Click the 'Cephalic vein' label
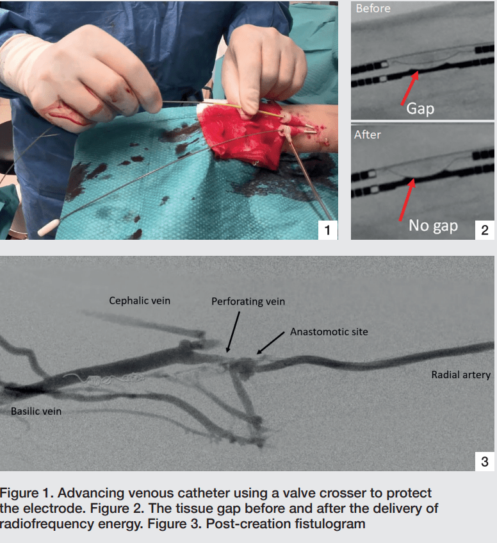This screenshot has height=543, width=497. click(140, 301)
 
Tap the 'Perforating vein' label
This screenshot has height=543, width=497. click(248, 301)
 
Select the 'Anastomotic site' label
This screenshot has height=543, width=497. click(329, 331)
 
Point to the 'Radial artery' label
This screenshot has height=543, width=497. click(461, 374)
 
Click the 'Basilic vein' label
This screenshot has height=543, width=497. click(37, 411)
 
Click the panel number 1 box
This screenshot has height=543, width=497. click(327, 230)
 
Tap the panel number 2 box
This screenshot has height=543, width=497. click(485, 230)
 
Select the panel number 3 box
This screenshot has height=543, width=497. click(485, 462)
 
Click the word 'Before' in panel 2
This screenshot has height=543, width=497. click(373, 8)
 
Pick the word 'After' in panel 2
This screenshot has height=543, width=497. click(367, 135)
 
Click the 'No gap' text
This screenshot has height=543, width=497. click(433, 226)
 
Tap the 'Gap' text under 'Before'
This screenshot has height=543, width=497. click(420, 109)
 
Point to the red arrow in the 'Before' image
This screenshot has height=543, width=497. click(410, 88)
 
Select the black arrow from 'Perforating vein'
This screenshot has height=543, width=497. click(232, 331)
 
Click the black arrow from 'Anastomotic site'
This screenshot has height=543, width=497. click(270, 343)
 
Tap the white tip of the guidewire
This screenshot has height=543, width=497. click(48, 227)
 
